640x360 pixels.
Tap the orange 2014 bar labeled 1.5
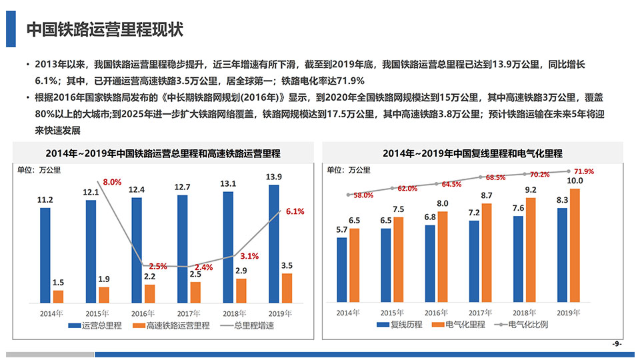pos(58,296)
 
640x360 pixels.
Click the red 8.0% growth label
pos(112,182)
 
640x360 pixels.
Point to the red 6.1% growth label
pos(295,211)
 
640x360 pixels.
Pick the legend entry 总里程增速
pos(254,326)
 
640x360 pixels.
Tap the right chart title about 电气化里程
pos(472,153)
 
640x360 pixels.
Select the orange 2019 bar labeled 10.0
pos(575,245)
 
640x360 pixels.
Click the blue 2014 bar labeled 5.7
pos(342,269)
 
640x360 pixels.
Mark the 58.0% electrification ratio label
pos(363,195)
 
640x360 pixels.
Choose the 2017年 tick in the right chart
pos(480,313)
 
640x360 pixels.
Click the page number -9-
pos(617,343)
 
